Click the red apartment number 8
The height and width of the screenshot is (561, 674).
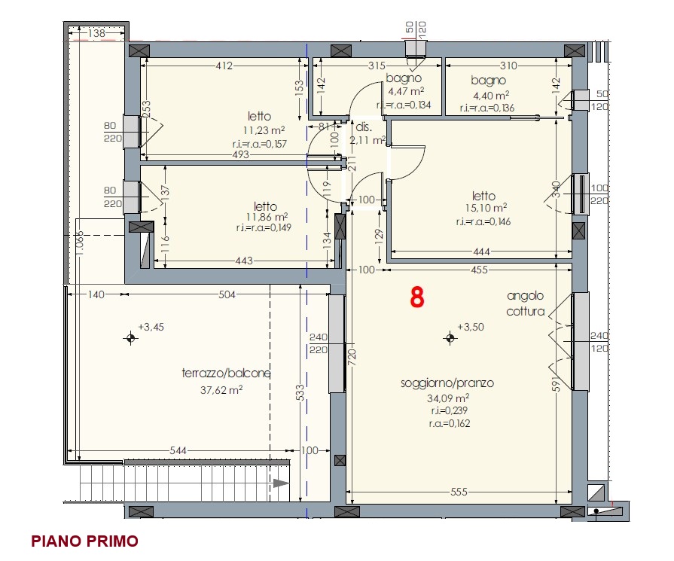(417, 297)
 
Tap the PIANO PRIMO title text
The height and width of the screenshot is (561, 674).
(84, 541)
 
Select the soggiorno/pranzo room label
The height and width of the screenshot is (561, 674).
(447, 383)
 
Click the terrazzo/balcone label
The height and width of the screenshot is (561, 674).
(226, 373)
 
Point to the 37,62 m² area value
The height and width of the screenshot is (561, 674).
(221, 390)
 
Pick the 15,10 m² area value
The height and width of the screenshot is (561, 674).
(486, 208)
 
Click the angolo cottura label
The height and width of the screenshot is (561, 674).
(526, 303)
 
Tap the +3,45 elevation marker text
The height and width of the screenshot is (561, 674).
(151, 327)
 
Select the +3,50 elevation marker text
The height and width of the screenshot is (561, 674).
(470, 327)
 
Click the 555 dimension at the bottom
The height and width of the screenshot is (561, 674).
(459, 492)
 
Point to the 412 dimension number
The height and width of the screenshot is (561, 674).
(224, 66)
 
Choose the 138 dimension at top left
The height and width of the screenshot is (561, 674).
(96, 33)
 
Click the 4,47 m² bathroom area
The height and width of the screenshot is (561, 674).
(406, 91)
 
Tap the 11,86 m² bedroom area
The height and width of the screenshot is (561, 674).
(267, 217)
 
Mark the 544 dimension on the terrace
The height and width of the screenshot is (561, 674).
(178, 450)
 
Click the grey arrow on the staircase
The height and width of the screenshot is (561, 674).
(281, 483)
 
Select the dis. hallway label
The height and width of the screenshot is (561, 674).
(364, 127)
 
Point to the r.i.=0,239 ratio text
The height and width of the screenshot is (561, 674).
(449, 410)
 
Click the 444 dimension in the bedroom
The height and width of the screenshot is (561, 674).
(481, 252)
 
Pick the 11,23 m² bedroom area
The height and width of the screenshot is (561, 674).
(264, 130)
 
